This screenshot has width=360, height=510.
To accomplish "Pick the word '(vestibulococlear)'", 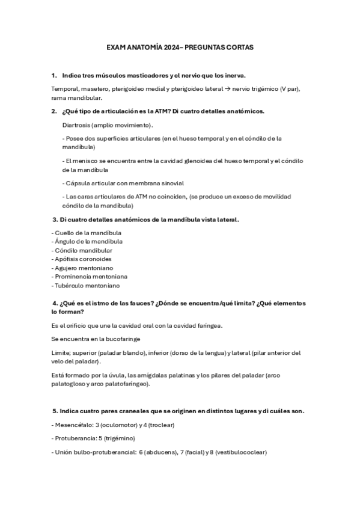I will (238, 452).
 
